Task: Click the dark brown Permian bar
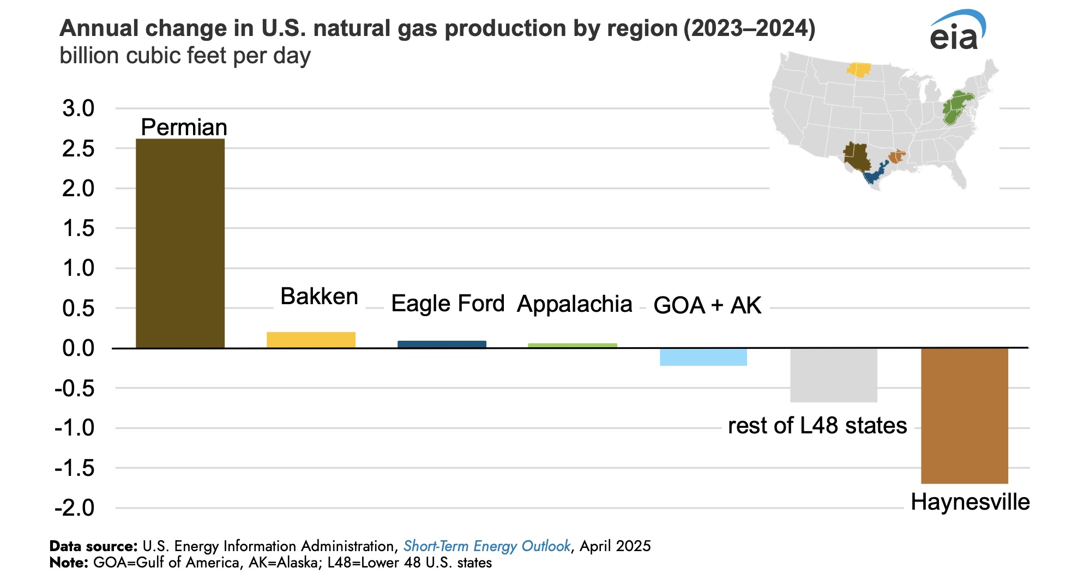pos(180,243)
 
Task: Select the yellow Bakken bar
pos(311,340)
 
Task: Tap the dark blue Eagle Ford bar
pos(442,344)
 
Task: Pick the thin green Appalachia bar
pos(573,346)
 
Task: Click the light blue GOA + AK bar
pos(703,357)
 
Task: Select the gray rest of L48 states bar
pos(833,375)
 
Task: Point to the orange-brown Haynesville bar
pos(964,415)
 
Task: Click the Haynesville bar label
pos(970,502)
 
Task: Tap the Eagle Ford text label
pos(448,304)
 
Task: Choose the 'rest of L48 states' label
pos(817,426)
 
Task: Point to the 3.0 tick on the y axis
pos(79,108)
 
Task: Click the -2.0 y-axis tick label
pos(75,508)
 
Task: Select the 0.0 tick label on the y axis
pos(79,348)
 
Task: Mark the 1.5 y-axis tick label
pos(79,228)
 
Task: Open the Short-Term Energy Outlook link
pos(486,546)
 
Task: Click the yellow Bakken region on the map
pos(859,70)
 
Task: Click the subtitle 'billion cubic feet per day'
pos(185,56)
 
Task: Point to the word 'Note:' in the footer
pos(69,563)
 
